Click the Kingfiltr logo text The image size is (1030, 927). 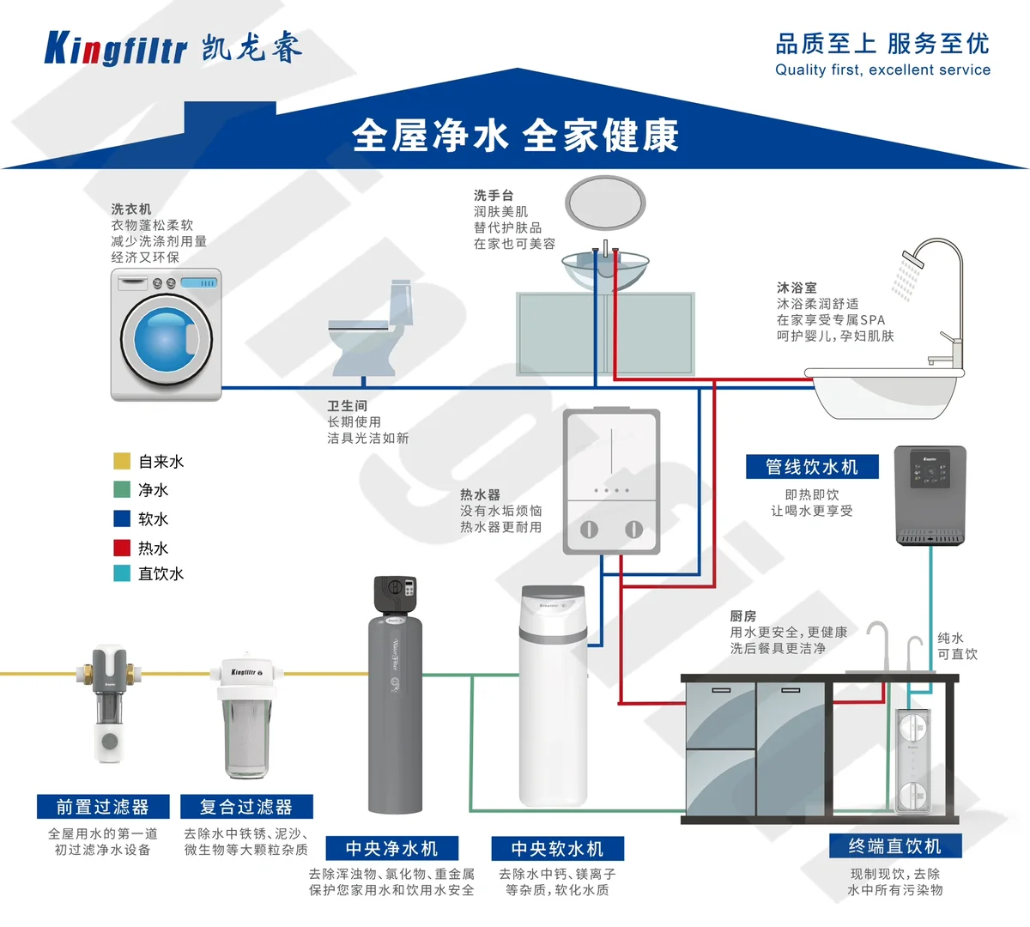click(115, 49)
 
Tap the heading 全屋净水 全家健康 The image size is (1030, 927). click(515, 136)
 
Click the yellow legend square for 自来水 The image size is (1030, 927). click(122, 462)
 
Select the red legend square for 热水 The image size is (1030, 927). click(122, 548)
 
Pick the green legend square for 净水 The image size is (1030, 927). click(122, 490)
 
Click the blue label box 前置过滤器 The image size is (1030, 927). click(103, 807)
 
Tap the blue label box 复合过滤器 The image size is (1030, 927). click(246, 807)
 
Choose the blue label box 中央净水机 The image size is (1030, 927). click(391, 848)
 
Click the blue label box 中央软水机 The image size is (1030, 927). click(557, 848)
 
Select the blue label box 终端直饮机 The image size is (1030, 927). click(895, 846)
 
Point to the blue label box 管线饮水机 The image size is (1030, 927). click(812, 467)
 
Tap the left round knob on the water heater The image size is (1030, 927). click(589, 529)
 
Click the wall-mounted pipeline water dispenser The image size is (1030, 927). click(930, 495)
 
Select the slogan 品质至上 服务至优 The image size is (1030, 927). click(882, 43)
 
